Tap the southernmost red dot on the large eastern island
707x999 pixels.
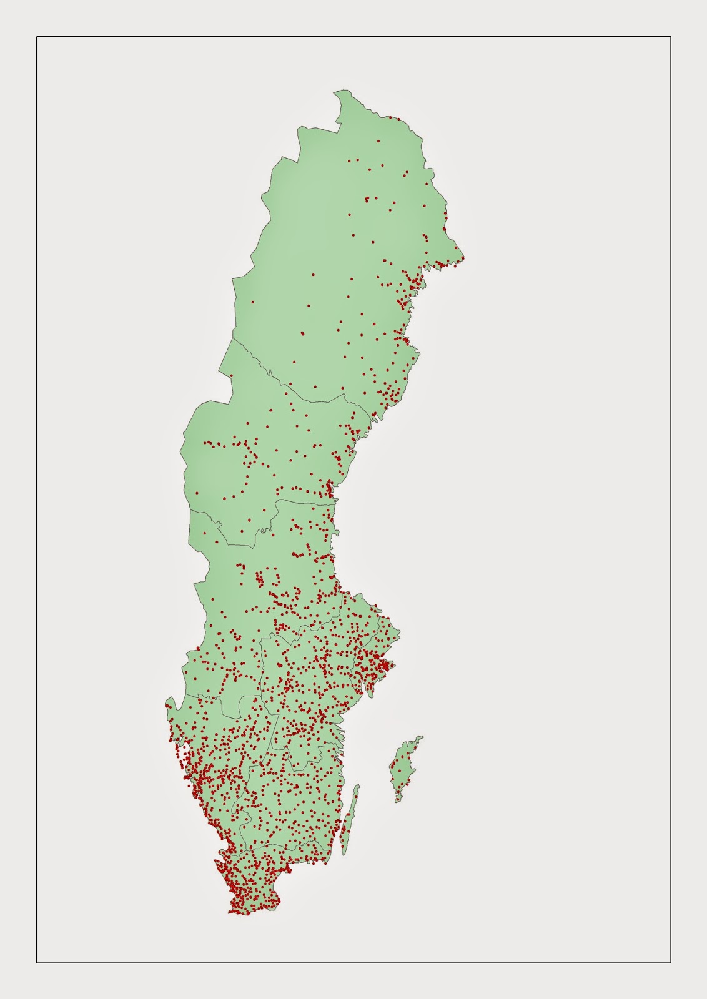pos(398,799)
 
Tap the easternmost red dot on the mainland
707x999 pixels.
pos(463,258)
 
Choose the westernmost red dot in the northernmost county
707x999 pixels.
pos(252,302)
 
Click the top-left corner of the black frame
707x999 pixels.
pos(37,37)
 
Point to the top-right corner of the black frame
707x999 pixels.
pos(671,37)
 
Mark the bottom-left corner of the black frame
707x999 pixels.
pos(37,962)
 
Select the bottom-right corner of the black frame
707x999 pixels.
pos(671,962)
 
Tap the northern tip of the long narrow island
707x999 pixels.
pos(358,784)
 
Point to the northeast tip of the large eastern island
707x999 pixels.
pos(423,737)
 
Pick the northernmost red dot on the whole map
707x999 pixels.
pos(390,117)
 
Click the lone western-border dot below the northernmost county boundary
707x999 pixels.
pos(231,375)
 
